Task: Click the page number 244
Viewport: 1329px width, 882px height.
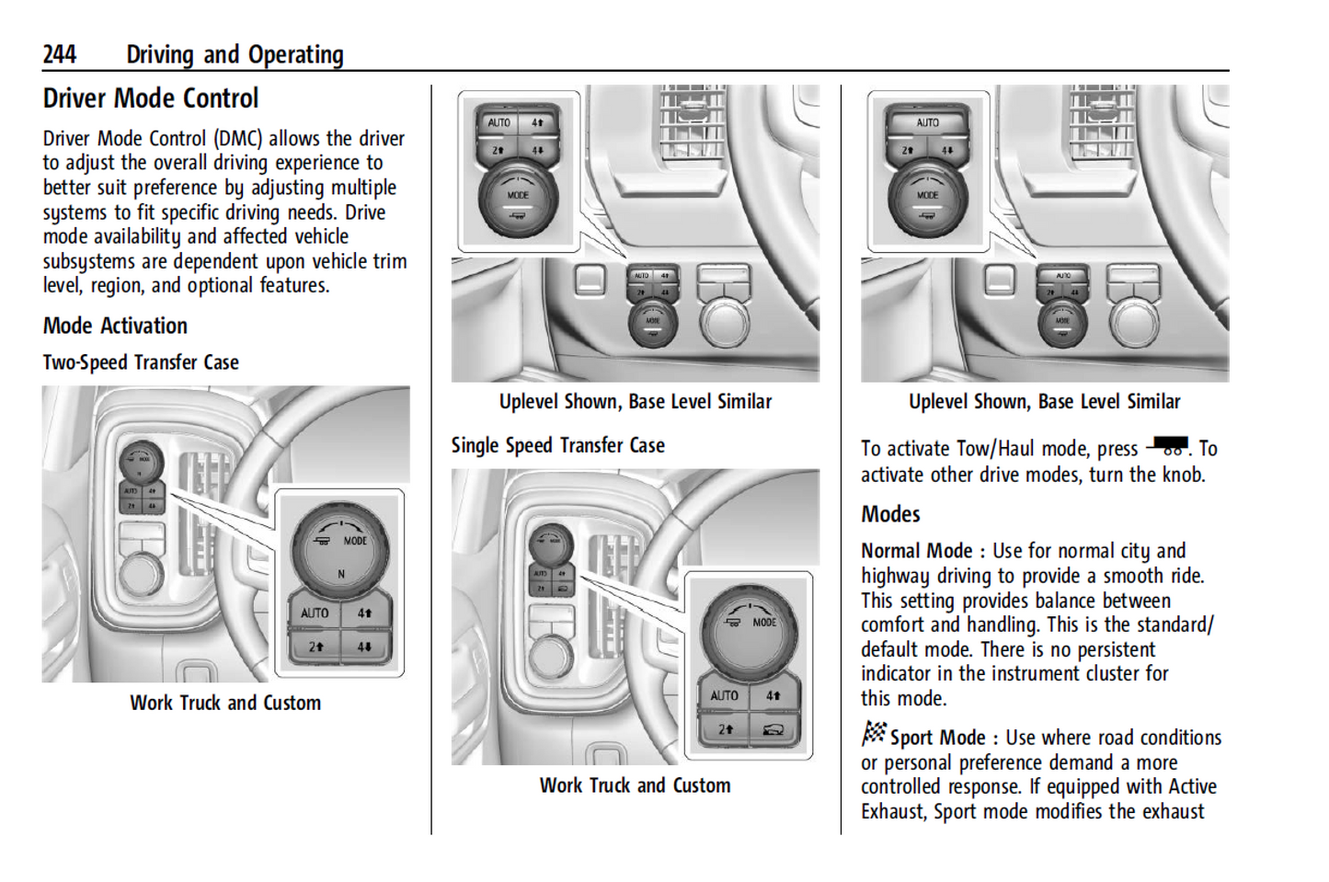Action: pos(59,55)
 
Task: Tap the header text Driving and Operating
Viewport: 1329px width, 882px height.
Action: pos(235,55)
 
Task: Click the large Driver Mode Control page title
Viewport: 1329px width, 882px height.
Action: pos(151,98)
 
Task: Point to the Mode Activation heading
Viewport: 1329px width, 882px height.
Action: pos(115,326)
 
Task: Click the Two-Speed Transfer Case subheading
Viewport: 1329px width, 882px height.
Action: pos(141,362)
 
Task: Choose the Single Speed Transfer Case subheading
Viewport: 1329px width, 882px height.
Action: pos(557,446)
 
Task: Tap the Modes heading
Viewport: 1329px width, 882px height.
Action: pos(890,514)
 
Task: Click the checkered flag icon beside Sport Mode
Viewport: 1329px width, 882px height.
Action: pos(874,733)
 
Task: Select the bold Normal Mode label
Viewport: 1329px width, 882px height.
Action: pos(916,551)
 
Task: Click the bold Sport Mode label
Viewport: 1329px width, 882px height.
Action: pos(937,738)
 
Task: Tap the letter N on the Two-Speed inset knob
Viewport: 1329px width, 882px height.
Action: pos(341,574)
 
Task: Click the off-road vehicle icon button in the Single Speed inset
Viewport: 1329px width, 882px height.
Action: pos(772,730)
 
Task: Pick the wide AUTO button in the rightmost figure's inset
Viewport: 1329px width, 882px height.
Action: pos(927,123)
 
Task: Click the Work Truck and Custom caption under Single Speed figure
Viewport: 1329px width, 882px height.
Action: pos(635,786)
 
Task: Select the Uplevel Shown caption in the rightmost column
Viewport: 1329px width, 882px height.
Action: pos(1044,402)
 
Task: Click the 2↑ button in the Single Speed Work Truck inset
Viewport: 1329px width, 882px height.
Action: pos(725,730)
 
